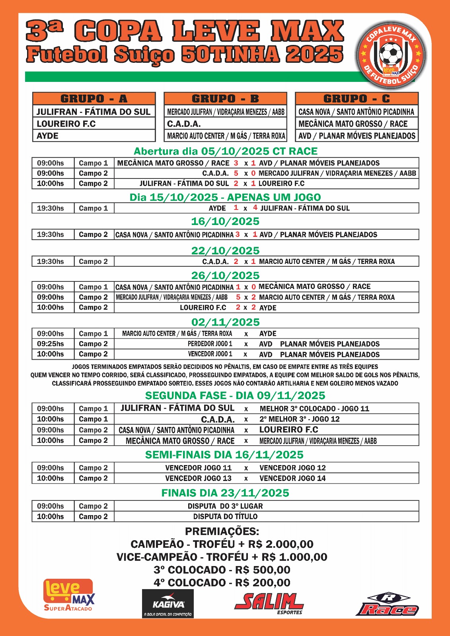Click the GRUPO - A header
tap(94, 99)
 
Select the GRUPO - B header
tap(225, 99)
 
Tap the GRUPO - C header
tap(356, 99)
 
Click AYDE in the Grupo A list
tap(48, 136)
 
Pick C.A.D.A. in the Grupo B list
tap(184, 124)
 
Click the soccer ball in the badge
tap(391, 54)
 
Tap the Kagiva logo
tap(168, 603)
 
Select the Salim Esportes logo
tap(269, 603)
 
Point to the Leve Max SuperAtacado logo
tap(69, 595)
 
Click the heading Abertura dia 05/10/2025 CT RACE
tap(226, 151)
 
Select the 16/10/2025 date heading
tap(225, 221)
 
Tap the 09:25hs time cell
tap(51, 344)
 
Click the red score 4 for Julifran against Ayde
tap(255, 207)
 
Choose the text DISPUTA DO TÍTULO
tap(225, 516)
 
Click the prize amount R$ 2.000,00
tap(281, 544)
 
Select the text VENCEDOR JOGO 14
tap(292, 478)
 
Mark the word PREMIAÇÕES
tap(222, 531)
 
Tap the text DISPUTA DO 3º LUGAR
tap(225, 506)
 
